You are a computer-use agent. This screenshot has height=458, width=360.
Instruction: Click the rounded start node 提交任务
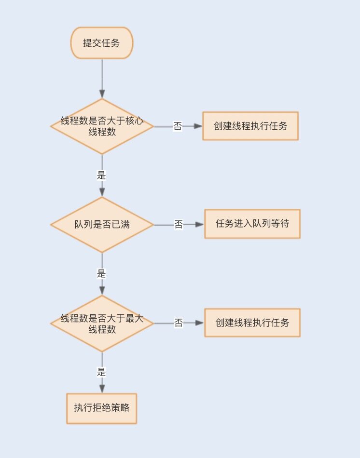(102, 43)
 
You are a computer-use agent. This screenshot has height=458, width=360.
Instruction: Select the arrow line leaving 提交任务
(102, 75)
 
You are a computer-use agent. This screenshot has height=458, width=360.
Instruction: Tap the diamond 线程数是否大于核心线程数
(102, 126)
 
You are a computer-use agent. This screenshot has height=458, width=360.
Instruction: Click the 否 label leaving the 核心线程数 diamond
(178, 126)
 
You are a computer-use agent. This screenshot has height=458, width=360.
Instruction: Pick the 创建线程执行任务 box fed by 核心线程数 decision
(250, 126)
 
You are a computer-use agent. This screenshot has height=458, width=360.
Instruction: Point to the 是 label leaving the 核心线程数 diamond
(101, 175)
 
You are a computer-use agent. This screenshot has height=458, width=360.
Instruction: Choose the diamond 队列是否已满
(102, 225)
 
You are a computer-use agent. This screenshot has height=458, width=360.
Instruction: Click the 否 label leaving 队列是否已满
(179, 225)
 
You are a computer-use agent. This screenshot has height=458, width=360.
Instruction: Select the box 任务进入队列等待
(252, 224)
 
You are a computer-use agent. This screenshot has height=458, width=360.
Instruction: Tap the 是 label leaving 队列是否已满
(101, 274)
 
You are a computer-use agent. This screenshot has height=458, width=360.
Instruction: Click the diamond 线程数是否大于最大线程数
(102, 323)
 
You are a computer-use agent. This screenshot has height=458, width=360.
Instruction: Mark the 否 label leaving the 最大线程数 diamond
(179, 323)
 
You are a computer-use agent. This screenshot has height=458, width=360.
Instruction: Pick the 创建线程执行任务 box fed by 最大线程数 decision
(252, 323)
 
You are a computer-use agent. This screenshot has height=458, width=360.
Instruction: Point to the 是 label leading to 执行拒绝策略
(101, 372)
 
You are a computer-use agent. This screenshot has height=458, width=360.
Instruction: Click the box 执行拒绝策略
(102, 408)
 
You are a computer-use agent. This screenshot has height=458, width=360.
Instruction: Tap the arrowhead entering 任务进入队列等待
(200, 225)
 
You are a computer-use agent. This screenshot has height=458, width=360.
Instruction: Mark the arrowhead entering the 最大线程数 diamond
(102, 290)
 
